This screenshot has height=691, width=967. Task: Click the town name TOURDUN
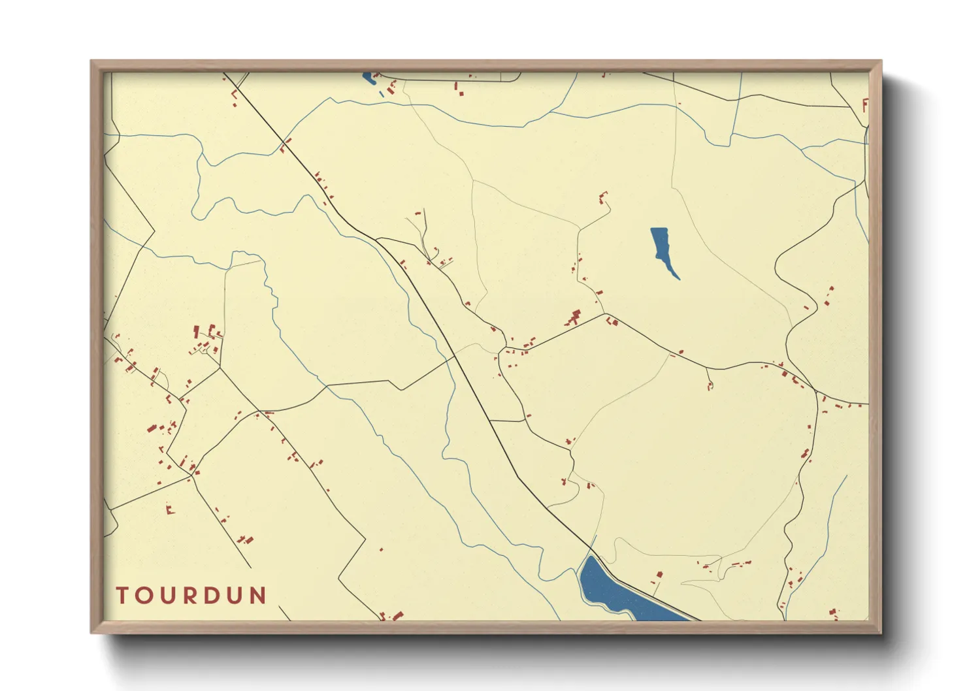coord(191,596)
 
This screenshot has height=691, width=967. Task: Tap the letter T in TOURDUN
coord(122,596)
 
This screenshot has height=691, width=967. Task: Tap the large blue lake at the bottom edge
coord(604,588)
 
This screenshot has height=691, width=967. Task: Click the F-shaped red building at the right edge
coord(865,105)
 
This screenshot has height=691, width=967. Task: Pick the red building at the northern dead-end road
coord(602,196)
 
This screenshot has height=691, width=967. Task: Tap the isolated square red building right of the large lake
coord(659,574)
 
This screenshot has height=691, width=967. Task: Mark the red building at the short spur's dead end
coord(710,386)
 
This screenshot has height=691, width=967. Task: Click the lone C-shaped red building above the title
coord(170,509)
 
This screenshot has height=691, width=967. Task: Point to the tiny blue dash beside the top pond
coord(382,94)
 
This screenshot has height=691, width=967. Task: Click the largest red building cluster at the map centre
coord(574,318)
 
